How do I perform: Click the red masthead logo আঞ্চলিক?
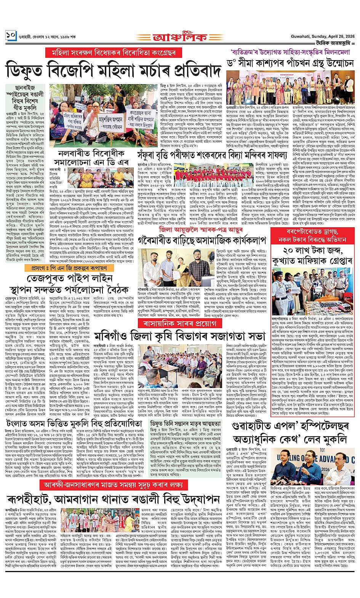tap(179, 38)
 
